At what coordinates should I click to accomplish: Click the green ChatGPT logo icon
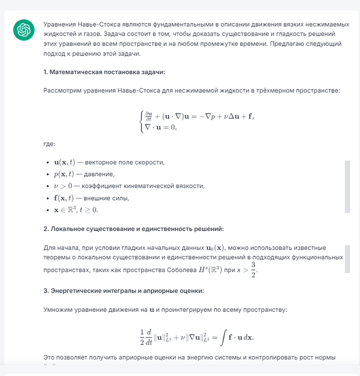24,31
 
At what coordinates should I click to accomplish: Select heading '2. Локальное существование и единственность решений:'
134,228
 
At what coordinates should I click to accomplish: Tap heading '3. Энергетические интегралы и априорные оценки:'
123,291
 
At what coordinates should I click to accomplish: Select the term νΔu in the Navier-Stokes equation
228,116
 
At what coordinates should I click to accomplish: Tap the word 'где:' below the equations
49,145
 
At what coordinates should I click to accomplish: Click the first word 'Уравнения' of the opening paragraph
60,25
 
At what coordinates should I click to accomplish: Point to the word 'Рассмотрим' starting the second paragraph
62,91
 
